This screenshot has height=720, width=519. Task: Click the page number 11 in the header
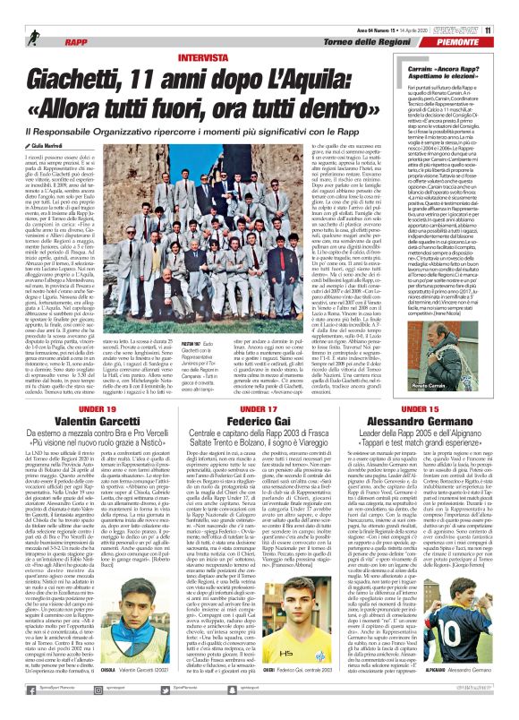coord(512,8)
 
